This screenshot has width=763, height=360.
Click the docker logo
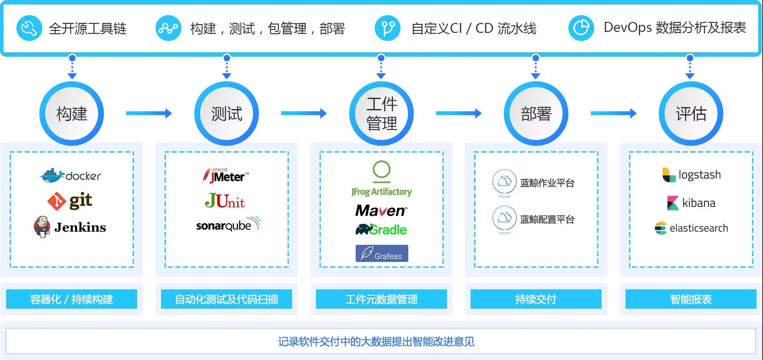click(70, 175)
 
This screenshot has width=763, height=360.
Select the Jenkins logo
click(70, 227)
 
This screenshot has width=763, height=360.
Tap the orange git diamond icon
click(57, 201)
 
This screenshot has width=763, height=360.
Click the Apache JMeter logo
click(226, 175)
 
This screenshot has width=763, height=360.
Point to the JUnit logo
click(225, 201)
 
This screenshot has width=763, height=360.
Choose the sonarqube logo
click(228, 224)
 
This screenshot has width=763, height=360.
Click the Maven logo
click(381, 211)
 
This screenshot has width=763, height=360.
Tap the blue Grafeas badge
click(382, 253)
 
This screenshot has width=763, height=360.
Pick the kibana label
click(699, 203)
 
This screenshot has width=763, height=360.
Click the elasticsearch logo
click(691, 228)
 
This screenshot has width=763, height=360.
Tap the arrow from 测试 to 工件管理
click(304, 113)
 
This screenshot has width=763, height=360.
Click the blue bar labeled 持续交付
click(536, 299)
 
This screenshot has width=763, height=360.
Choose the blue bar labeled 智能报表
click(691, 299)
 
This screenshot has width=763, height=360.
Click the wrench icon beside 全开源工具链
click(29, 28)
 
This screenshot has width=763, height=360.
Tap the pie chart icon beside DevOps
click(581, 28)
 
